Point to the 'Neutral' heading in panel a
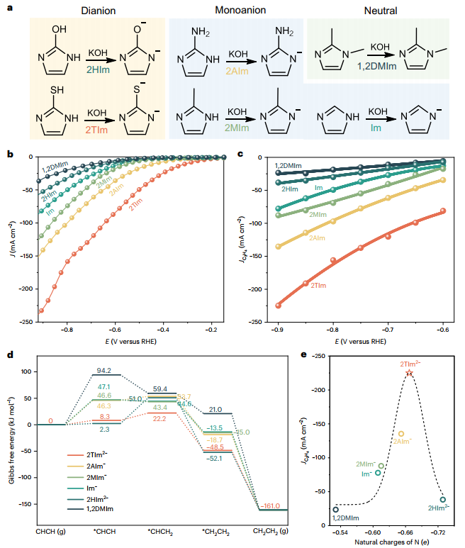click(383, 11)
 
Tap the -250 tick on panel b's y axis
click(26, 323)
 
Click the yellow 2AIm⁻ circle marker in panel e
click(401, 434)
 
